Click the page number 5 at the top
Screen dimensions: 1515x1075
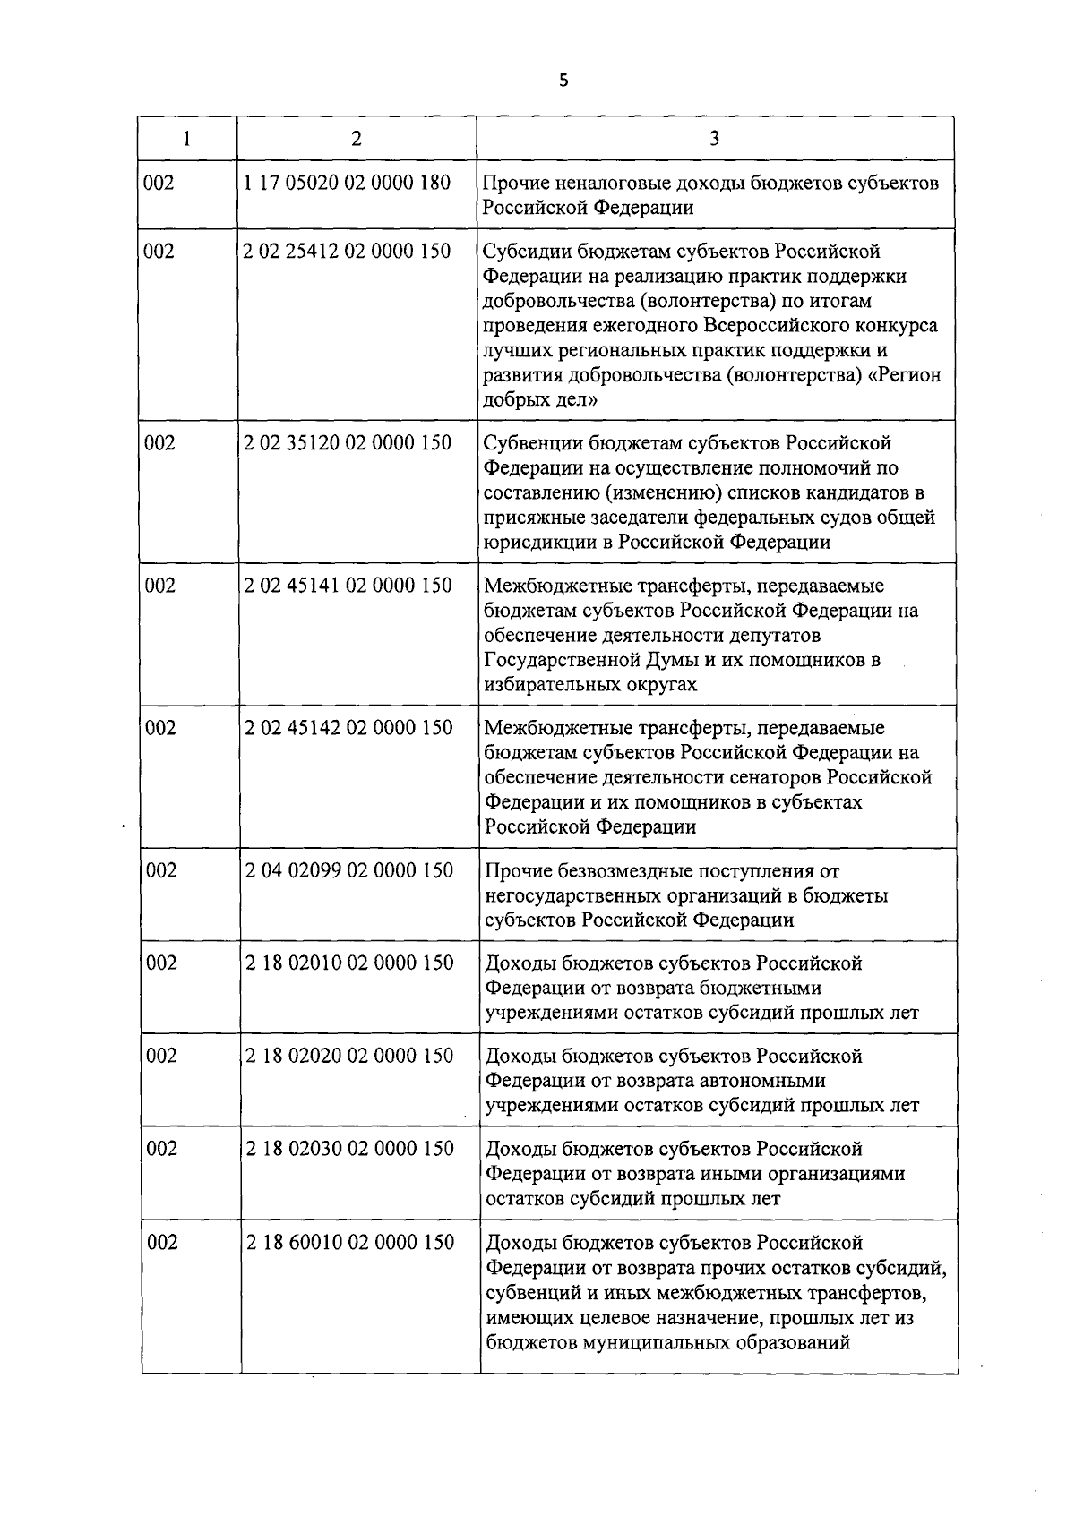[563, 81]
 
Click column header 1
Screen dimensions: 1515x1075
[186, 139]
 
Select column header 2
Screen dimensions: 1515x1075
[357, 139]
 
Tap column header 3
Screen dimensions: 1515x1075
[714, 139]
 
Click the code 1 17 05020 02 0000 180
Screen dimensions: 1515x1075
[347, 183]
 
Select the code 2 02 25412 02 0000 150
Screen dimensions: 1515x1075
[347, 252]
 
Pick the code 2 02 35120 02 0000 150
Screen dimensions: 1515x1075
[348, 443]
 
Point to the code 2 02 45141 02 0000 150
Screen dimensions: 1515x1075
[348, 586]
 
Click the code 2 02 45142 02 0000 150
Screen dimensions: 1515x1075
[348, 728]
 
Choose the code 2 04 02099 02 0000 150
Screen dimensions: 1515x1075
[348, 870]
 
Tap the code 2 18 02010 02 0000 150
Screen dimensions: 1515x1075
[349, 963]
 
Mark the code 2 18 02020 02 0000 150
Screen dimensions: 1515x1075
[349, 1056]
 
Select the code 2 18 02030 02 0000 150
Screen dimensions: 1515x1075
[349, 1149]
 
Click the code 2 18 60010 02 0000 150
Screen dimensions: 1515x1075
[349, 1243]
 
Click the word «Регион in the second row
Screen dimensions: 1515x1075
[907, 375]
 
